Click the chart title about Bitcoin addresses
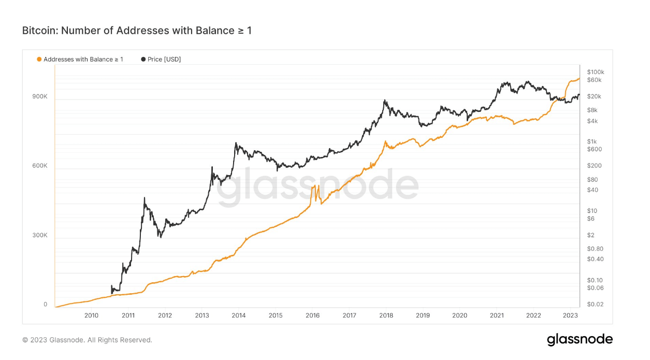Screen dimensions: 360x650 [137, 31]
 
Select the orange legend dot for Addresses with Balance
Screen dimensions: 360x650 [39, 60]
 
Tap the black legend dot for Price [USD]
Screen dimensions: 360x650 [143, 60]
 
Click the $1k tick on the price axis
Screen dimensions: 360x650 [592, 141]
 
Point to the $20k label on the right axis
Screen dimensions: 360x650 [594, 96]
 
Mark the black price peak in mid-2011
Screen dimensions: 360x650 [144, 198]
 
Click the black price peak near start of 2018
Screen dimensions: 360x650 [385, 100]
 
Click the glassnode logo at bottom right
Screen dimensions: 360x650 [580, 340]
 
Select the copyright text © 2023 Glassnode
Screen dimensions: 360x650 [87, 340]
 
